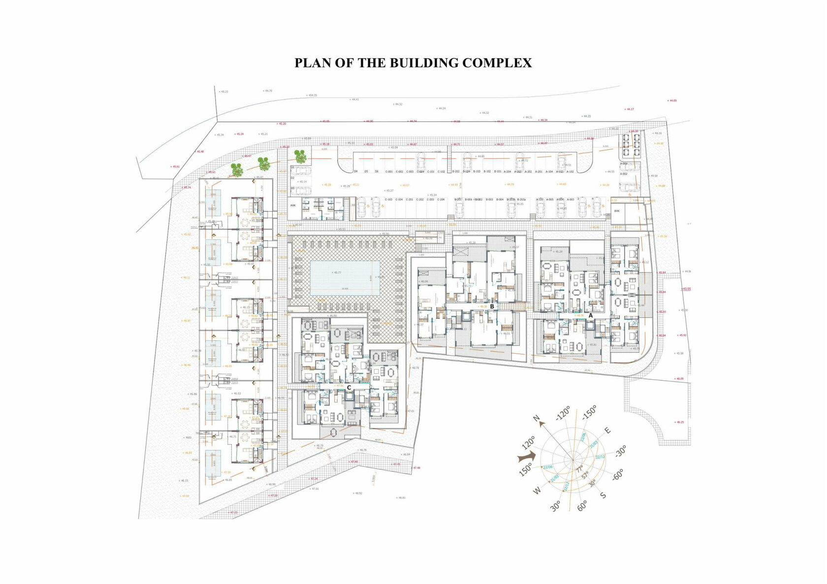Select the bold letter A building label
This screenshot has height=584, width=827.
(x=591, y=315)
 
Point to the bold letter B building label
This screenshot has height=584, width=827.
(x=491, y=306)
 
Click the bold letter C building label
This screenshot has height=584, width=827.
(x=349, y=388)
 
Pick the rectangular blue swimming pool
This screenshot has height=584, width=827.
(x=345, y=278)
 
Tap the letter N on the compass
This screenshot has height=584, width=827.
(x=537, y=419)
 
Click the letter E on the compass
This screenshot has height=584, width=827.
(x=607, y=430)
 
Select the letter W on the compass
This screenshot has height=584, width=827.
(x=537, y=490)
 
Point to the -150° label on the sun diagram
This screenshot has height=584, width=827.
(x=589, y=413)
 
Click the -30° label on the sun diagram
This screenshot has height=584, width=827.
(x=620, y=451)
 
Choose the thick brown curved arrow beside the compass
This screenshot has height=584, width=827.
(x=526, y=458)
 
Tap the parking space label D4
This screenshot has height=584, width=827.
(x=355, y=172)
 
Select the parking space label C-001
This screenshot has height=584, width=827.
(x=389, y=172)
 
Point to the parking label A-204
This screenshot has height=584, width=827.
(x=507, y=172)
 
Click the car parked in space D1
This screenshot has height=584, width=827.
(x=302, y=170)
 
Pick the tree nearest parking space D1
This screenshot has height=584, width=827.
(x=300, y=156)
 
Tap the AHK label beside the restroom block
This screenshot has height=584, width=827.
(x=293, y=205)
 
